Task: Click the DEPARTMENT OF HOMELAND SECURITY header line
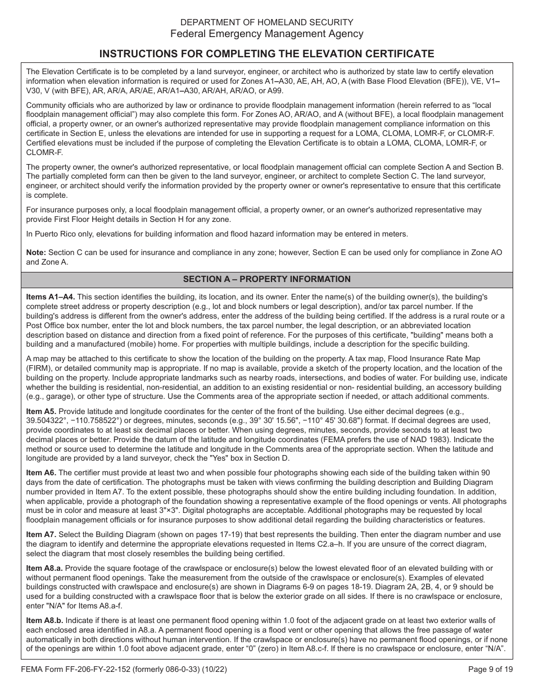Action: point(266,22)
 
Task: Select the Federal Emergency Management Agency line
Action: point(266,34)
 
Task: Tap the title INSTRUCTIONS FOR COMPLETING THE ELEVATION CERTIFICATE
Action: point(266,54)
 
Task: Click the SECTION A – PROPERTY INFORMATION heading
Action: point(266,279)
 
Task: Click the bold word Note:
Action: point(37,253)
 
